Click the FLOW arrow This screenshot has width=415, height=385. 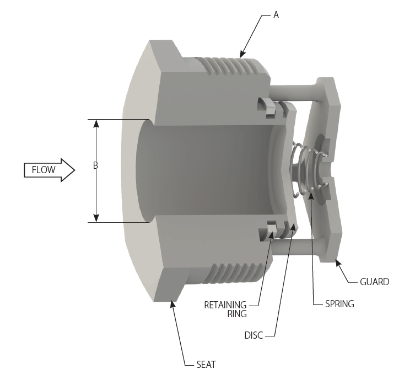tap(48, 170)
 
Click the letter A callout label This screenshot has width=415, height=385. tap(276, 15)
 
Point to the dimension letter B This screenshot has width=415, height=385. tap(95, 165)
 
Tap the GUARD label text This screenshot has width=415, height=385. tap(374, 282)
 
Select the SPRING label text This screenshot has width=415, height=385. tap(339, 304)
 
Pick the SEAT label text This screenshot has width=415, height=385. tap(206, 365)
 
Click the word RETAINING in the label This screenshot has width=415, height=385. tap(225, 304)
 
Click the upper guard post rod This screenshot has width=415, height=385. tap(292, 88)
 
